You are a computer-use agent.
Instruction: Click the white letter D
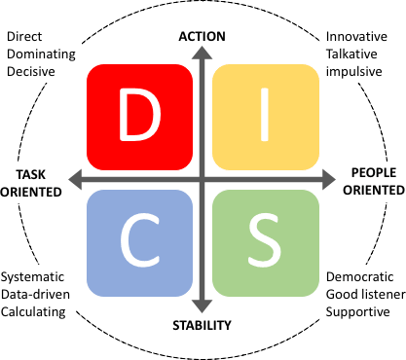pyautogui.click(x=139, y=116)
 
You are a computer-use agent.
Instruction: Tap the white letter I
pyautogui.click(x=266, y=116)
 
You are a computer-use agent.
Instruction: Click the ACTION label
pyautogui.click(x=203, y=37)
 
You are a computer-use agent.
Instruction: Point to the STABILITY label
pyautogui.click(x=203, y=325)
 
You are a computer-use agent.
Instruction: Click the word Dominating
pyautogui.click(x=43, y=54)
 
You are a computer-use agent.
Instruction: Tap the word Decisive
pyautogui.click(x=32, y=71)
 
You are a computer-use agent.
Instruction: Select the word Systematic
pyautogui.click(x=38, y=276)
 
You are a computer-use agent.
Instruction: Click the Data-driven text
pyautogui.click(x=40, y=294)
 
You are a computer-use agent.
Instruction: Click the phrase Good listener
pyautogui.click(x=363, y=294)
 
